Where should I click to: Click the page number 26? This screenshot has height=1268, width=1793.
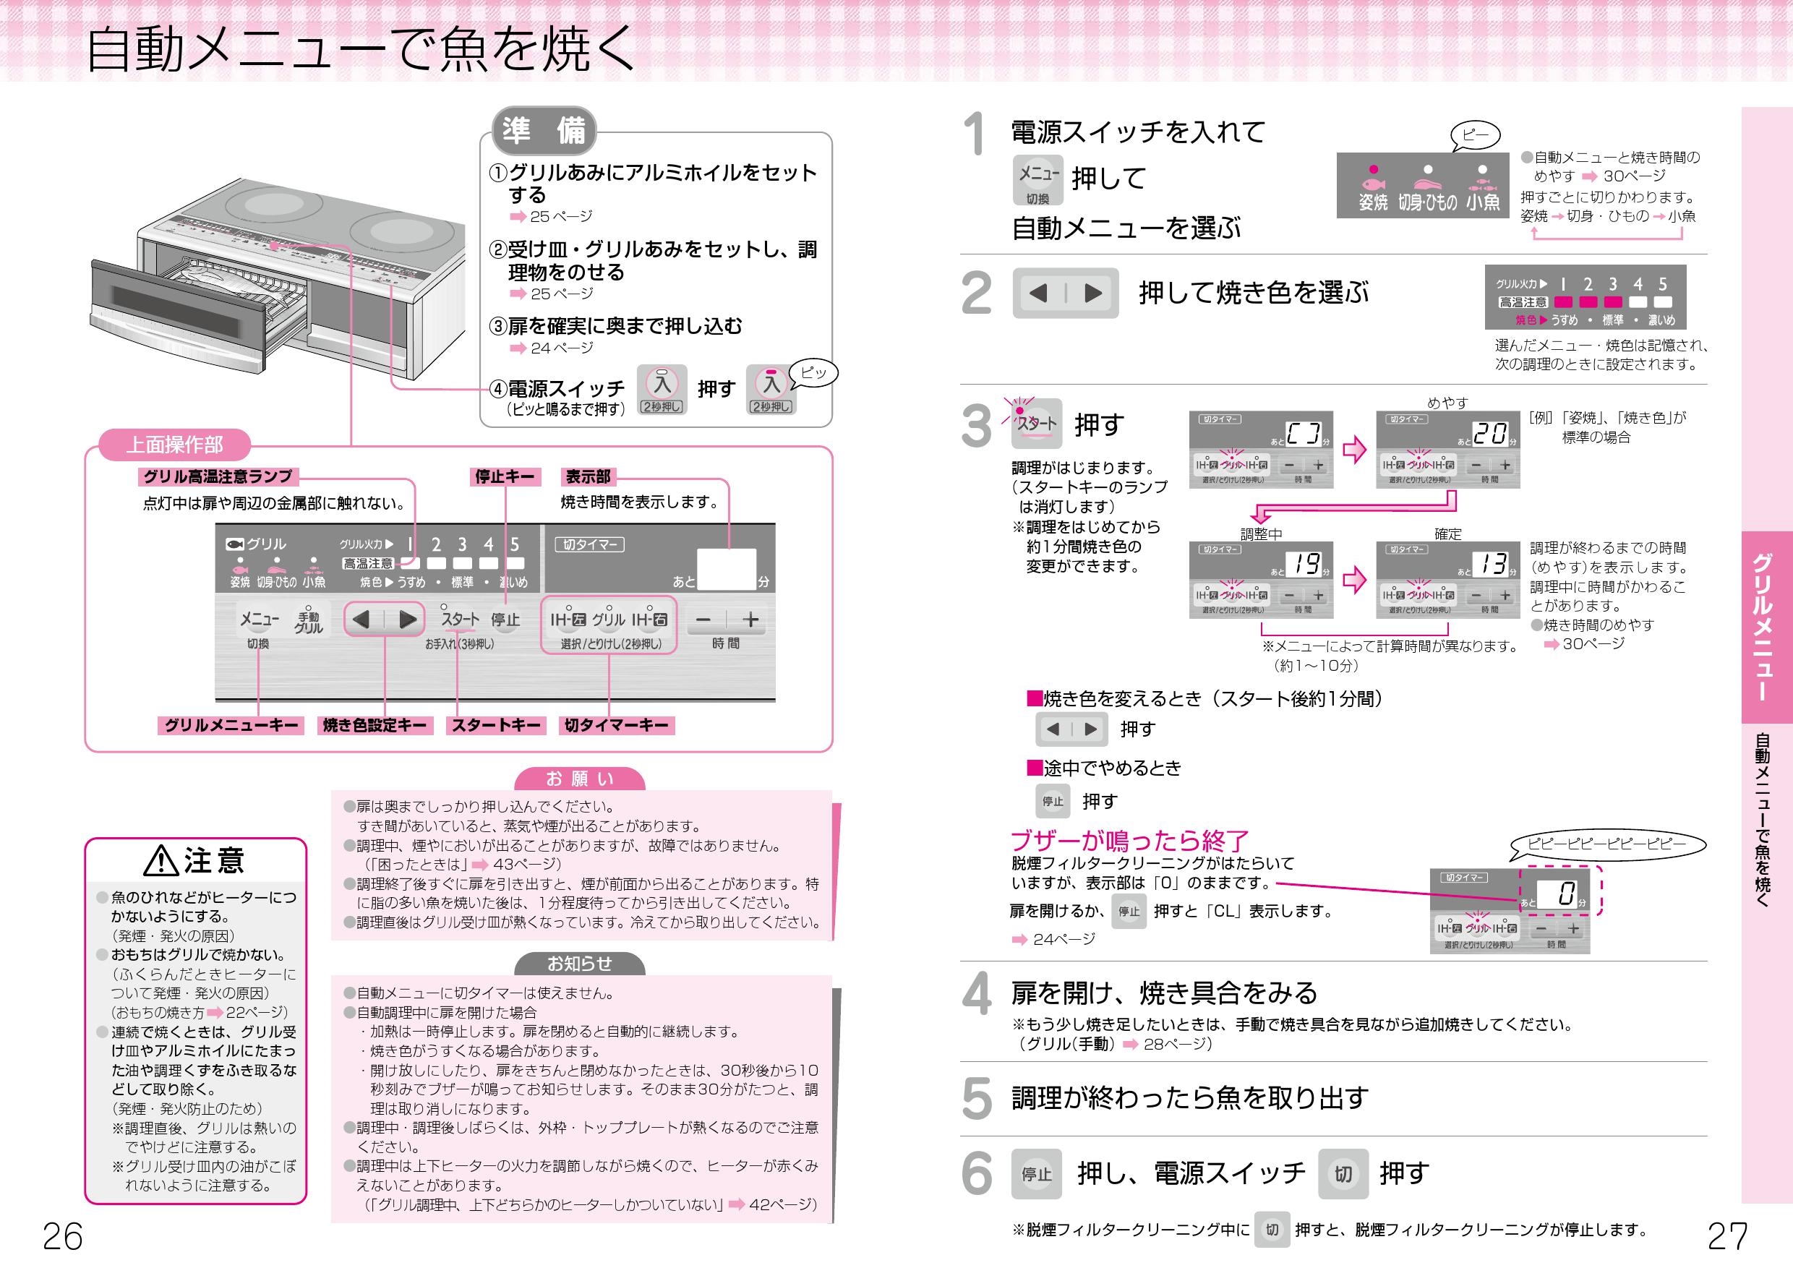(x=62, y=1236)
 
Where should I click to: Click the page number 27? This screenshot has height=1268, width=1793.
(x=1726, y=1236)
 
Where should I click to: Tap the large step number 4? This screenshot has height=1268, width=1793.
(x=976, y=993)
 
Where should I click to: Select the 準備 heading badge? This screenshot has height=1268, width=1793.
(x=544, y=130)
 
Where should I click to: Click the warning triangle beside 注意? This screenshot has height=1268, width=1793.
(x=161, y=860)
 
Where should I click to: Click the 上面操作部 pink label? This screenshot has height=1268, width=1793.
(x=174, y=445)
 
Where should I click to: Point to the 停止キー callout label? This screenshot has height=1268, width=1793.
(x=505, y=476)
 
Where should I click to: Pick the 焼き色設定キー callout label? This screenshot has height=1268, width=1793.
(x=374, y=725)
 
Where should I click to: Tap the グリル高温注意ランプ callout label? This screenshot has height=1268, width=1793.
(x=218, y=476)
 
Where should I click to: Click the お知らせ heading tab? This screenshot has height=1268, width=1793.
(x=579, y=964)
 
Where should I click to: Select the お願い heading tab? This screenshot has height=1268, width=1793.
(x=579, y=779)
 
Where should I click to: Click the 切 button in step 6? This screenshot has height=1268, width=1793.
(x=1343, y=1173)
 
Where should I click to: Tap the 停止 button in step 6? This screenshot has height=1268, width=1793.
(x=1036, y=1173)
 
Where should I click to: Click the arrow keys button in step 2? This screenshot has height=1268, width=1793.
(x=1065, y=293)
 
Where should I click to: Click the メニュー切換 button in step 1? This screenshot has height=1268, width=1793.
(x=1038, y=180)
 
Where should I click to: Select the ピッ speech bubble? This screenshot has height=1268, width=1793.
(x=813, y=373)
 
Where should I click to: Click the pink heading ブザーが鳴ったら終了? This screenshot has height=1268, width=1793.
(x=1129, y=840)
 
